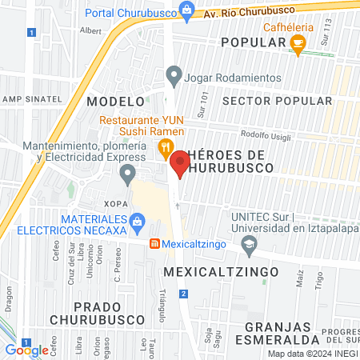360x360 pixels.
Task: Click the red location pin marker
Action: pos(180,163)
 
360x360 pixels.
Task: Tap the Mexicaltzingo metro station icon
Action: pos(154,245)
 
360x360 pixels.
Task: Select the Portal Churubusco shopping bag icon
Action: pos(186,10)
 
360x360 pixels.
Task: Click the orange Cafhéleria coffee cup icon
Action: pos(298,48)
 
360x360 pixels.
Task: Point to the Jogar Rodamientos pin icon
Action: pos(173,77)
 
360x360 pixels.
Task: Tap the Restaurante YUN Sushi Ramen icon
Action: pos(165,146)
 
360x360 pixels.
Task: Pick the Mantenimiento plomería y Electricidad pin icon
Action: pos(128,174)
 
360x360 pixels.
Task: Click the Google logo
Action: pos(26,350)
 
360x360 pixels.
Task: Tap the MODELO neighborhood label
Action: pos(115,102)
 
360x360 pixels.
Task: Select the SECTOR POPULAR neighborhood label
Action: pos(276,101)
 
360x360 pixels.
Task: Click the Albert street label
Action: pos(90,30)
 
